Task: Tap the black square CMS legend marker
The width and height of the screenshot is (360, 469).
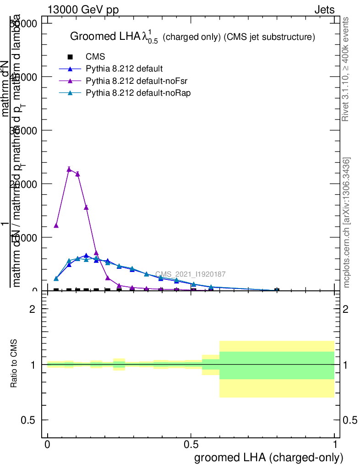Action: tap(70, 57)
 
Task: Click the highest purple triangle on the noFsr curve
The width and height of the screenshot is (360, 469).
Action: tap(69, 169)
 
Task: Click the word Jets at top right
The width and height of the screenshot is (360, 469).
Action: tap(324, 10)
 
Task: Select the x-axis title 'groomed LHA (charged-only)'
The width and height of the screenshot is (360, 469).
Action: tap(268, 458)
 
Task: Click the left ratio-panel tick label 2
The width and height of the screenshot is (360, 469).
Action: tap(33, 309)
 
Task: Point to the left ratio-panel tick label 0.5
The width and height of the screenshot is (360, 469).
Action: tap(28, 420)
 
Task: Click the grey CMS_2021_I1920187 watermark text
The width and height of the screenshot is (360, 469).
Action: tap(190, 274)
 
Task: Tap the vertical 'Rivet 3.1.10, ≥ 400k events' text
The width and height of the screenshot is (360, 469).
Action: tap(346, 69)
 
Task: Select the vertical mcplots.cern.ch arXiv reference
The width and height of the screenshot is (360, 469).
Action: tap(347, 223)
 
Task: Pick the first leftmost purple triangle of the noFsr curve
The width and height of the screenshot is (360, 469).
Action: tap(56, 225)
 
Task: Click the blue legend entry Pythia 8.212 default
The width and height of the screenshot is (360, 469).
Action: tap(124, 69)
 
